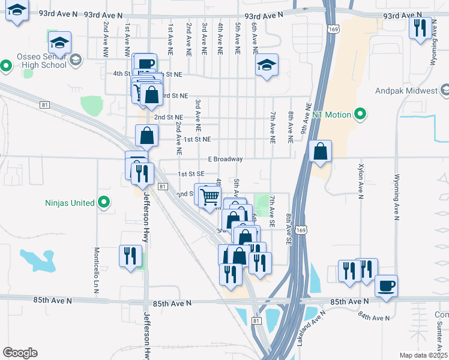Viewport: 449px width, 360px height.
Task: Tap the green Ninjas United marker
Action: point(104,203)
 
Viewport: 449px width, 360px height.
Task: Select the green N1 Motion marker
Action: point(360,114)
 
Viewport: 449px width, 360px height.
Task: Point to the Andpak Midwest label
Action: point(414,91)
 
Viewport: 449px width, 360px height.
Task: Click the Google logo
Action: point(20,353)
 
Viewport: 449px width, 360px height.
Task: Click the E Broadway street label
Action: point(225,159)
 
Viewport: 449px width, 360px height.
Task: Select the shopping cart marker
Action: point(209,196)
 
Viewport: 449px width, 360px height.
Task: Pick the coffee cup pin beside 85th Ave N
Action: point(386,285)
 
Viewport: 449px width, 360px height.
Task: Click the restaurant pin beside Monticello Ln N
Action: point(130,256)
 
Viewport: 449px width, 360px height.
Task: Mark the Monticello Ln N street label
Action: point(96,271)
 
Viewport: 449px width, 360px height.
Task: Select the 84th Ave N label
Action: point(372,316)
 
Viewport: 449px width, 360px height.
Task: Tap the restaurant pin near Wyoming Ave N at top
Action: point(419,28)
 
